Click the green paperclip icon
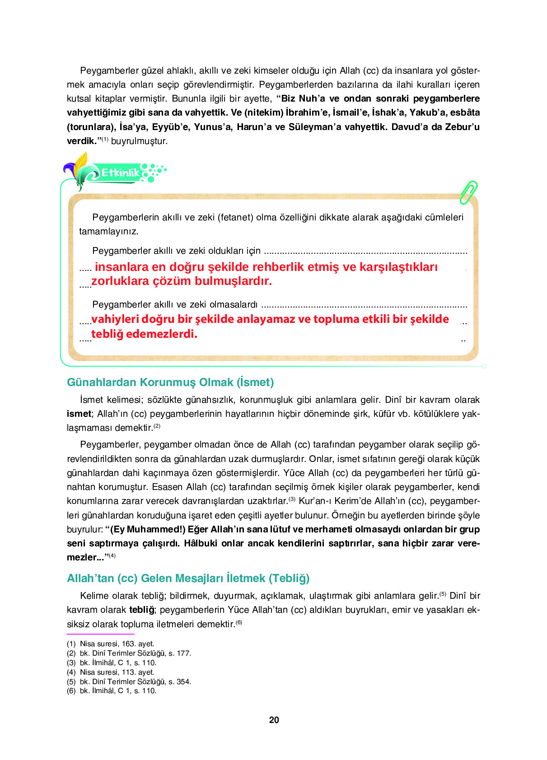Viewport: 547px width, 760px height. point(468,192)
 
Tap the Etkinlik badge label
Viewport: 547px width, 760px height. point(120,173)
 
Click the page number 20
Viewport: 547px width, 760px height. point(274,720)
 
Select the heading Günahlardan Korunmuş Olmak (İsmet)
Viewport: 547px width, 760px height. point(170,382)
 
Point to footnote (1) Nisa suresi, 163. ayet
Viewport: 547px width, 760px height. point(111,643)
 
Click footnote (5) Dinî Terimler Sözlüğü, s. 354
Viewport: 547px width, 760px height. point(129,681)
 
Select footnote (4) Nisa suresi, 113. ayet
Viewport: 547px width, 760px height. point(111,672)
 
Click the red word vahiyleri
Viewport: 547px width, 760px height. point(115,319)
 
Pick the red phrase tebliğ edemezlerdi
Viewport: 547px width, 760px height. point(144,334)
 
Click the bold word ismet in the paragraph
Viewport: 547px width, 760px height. point(79,414)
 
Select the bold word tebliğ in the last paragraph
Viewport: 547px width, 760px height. point(141,610)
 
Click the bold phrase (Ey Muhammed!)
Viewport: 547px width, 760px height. point(148,529)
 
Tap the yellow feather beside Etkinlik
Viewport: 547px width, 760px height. point(81,164)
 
